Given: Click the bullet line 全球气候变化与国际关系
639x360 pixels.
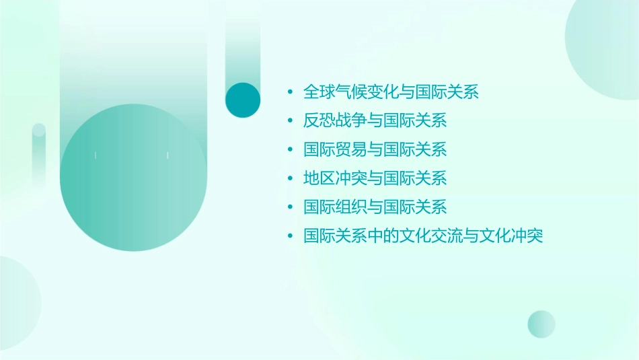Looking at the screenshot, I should coord(391,92).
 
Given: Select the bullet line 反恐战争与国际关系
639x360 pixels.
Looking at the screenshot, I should coord(375,121).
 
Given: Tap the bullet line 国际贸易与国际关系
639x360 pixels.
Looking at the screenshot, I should coord(375,149).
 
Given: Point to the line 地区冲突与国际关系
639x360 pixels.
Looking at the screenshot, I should coord(375,178).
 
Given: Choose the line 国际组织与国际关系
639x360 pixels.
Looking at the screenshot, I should coord(375,207).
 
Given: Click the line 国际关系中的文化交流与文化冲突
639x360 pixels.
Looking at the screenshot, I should coord(423,236).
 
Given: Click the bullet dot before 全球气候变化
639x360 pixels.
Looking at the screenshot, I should coord(289,92).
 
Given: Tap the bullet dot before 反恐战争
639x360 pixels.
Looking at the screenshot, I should coord(289,121).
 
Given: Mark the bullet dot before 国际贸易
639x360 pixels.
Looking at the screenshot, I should coord(289,149).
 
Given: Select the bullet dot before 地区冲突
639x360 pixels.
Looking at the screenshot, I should coord(289,178).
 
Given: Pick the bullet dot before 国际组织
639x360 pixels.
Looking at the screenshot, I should coord(289,207).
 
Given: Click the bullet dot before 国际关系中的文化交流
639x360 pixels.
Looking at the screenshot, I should coord(289,236).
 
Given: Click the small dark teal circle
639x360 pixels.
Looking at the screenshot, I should coord(243,100).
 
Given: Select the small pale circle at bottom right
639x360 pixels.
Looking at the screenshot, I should coord(541,324).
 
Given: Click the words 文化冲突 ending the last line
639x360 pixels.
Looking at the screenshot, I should coord(519,236).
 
